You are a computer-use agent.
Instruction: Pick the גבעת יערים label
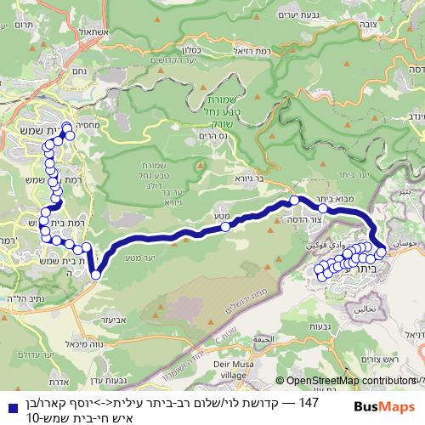pos(318,14)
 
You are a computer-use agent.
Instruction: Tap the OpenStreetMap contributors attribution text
pos(349,382)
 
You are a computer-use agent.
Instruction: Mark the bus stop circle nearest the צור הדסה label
pos(295,201)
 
